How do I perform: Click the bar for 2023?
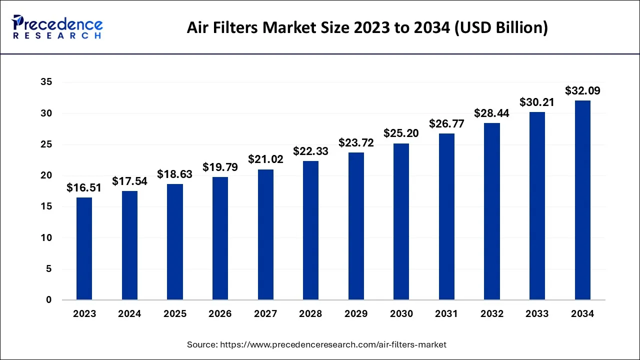coord(84,248)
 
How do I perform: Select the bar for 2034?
coord(582,200)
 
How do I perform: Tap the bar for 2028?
coord(310,230)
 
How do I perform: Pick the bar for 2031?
coord(446,216)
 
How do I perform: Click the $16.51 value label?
coord(84,188)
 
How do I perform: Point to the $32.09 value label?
coord(582,91)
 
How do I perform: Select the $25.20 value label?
coord(401,133)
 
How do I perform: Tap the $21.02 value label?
coord(265,159)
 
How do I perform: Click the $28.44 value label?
coord(492,113)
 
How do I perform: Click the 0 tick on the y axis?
coord(48,300)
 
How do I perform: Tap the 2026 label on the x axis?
coord(220,314)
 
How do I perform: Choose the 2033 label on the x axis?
coord(537,314)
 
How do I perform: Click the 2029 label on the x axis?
coord(356,314)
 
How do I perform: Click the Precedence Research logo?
coord(57,27)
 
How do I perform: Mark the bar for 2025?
coord(175,242)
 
